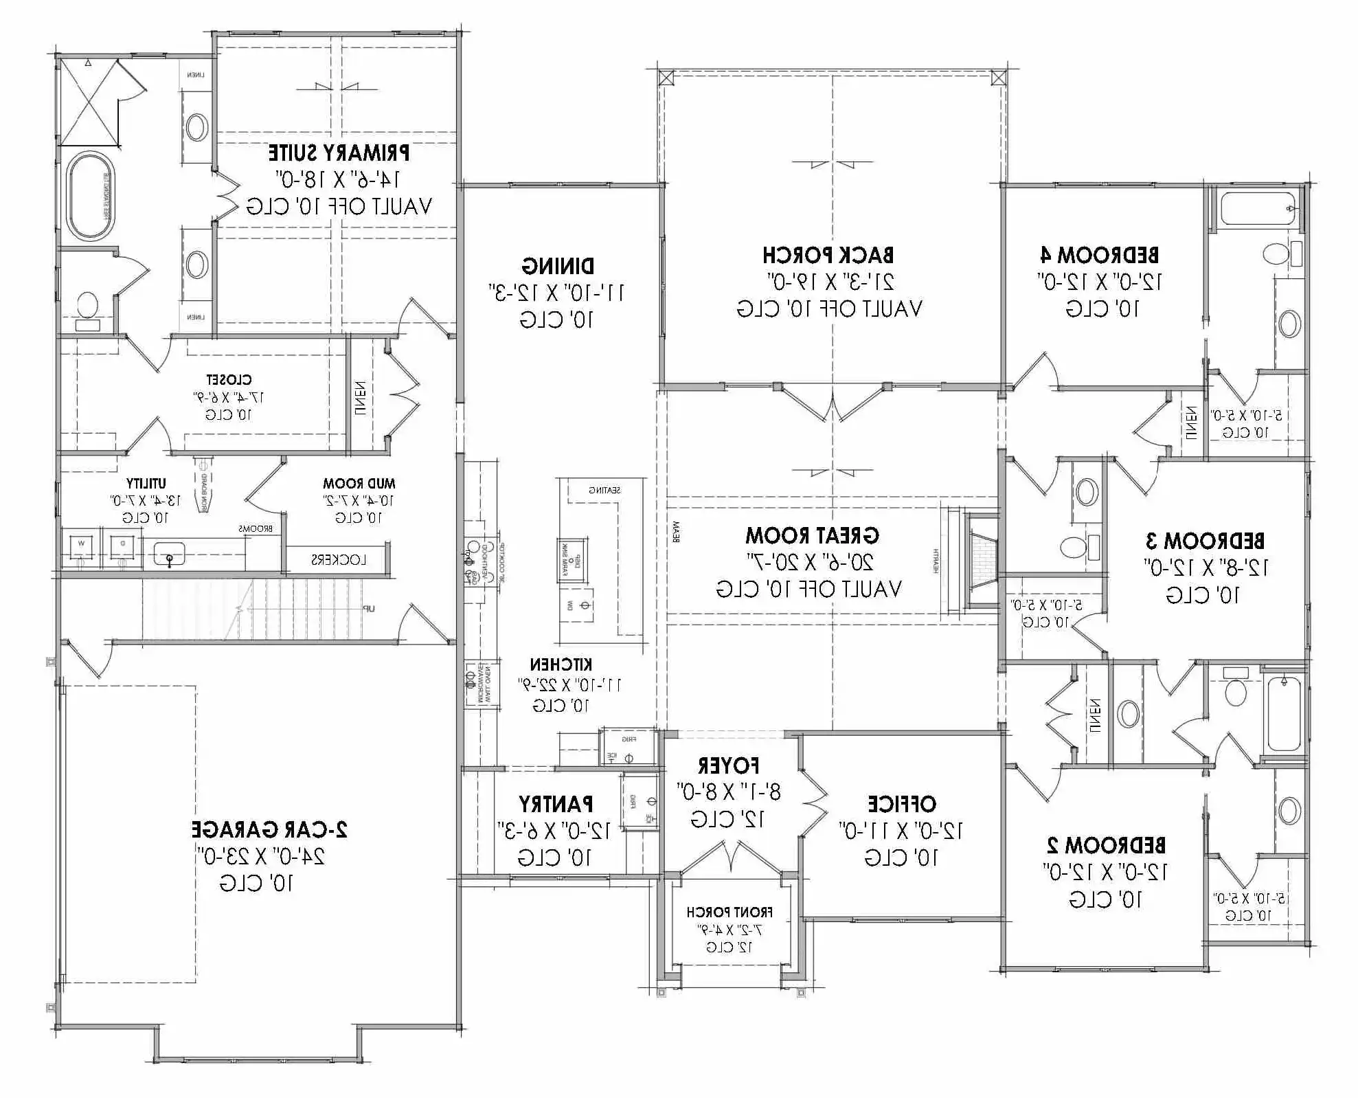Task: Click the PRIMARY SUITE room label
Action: (x=339, y=153)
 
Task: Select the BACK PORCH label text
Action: (x=828, y=256)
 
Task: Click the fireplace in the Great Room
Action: (x=982, y=560)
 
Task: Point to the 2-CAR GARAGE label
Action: (x=269, y=829)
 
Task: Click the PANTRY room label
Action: (x=556, y=804)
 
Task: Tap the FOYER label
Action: (x=728, y=765)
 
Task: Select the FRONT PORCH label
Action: (x=729, y=912)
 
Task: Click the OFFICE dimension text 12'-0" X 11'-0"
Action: (x=901, y=831)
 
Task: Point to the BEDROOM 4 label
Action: (x=1100, y=256)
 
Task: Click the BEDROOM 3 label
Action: (x=1205, y=541)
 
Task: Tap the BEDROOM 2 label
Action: (x=1105, y=844)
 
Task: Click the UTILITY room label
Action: (x=146, y=484)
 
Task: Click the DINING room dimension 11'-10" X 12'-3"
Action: (x=556, y=293)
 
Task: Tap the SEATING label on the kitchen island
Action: (x=604, y=490)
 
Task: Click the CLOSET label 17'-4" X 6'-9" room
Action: (x=229, y=379)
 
